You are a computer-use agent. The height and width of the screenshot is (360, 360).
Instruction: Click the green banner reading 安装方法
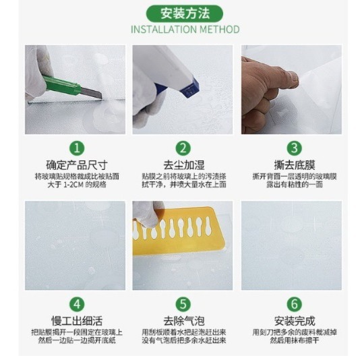[x=185, y=12]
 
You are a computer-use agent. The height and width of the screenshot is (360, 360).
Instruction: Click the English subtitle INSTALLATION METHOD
[x=185, y=30]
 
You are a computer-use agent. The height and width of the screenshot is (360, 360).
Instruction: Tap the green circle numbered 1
[x=78, y=148]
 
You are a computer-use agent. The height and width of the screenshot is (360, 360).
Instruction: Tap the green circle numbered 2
[x=183, y=148]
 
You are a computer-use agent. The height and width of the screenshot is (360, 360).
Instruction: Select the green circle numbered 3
[x=293, y=148]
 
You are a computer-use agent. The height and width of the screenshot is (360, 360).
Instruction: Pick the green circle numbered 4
[x=78, y=304]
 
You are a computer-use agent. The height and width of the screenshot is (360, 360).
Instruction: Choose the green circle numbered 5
[x=183, y=304]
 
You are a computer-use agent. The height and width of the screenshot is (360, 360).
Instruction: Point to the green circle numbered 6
[x=293, y=304]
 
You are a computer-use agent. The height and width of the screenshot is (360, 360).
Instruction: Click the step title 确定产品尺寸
[x=77, y=164]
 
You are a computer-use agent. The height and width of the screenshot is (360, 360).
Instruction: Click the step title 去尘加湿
[x=183, y=164]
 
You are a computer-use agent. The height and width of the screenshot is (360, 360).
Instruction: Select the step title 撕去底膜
[x=293, y=164]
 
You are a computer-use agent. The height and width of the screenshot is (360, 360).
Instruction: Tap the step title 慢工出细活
[x=77, y=321]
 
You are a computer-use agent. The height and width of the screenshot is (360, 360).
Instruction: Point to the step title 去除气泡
[x=183, y=321]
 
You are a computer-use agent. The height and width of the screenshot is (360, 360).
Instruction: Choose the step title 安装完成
[x=293, y=321]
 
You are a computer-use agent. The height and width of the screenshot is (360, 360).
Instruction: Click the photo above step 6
[x=291, y=245]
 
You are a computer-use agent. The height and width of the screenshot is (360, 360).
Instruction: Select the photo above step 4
[x=75, y=245]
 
